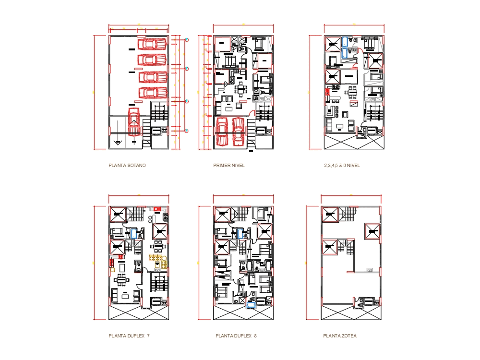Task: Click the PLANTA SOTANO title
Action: point(127,166)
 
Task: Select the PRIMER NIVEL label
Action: point(229,166)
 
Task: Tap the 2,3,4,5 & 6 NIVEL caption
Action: point(342,166)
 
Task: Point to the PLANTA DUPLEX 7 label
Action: point(129,336)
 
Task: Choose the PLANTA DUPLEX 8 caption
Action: point(236,336)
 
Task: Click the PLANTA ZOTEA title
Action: point(340,336)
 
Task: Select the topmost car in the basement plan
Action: point(152,44)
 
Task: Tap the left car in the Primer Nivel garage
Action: point(222,131)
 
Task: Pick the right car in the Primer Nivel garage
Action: point(238,131)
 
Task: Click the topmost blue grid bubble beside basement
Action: point(187,39)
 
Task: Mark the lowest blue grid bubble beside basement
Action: point(187,131)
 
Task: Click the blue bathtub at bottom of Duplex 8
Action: point(250,303)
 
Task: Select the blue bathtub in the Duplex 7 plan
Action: point(133,234)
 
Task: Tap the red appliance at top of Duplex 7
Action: point(157,208)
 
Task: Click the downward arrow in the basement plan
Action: point(117,142)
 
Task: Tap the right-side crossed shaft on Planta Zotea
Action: point(372,231)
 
